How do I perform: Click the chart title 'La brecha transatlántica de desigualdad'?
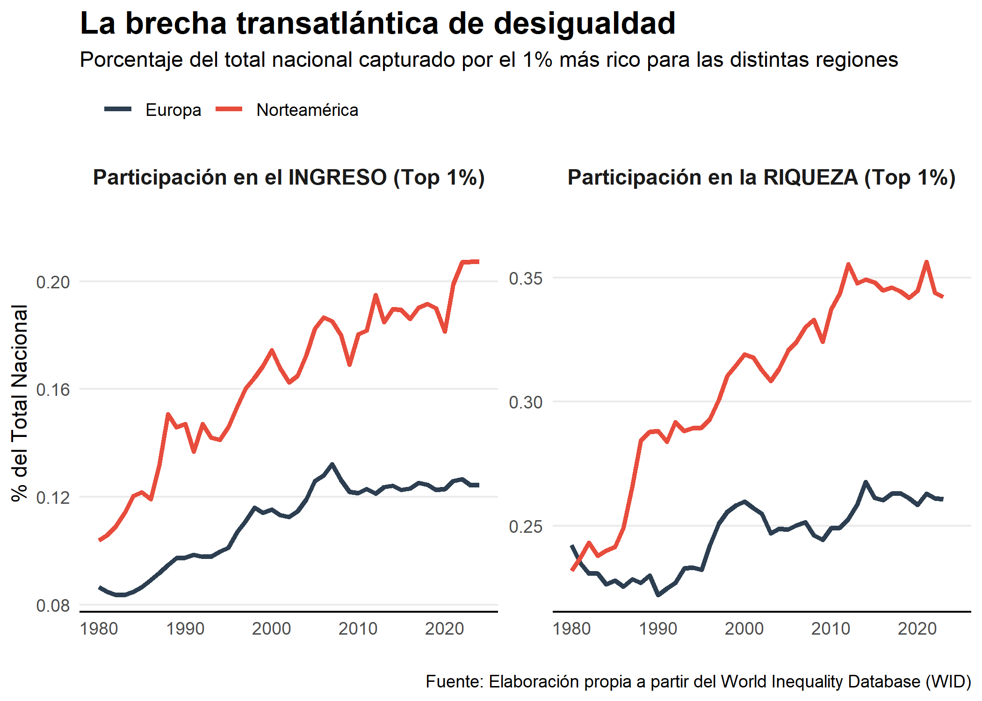point(377,23)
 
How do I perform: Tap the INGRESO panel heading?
point(289,178)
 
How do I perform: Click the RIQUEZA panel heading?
point(761,178)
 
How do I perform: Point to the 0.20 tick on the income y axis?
point(53,282)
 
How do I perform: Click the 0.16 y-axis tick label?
point(53,390)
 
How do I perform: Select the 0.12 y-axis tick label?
point(53,498)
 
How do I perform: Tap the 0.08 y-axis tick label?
point(53,606)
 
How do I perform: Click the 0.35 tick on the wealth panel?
point(526,279)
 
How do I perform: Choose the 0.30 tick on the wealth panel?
point(526,402)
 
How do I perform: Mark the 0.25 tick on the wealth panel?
point(526,527)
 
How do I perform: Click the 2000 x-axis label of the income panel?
point(271,629)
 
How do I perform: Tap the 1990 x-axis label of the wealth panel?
point(658,629)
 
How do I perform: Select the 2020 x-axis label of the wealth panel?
point(917,629)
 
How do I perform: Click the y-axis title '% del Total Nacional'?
point(20,403)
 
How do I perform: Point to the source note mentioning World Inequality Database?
point(698,682)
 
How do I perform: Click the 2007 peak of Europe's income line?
point(332,465)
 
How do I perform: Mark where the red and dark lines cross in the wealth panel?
point(578,559)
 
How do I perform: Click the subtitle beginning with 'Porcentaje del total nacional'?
point(489,60)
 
